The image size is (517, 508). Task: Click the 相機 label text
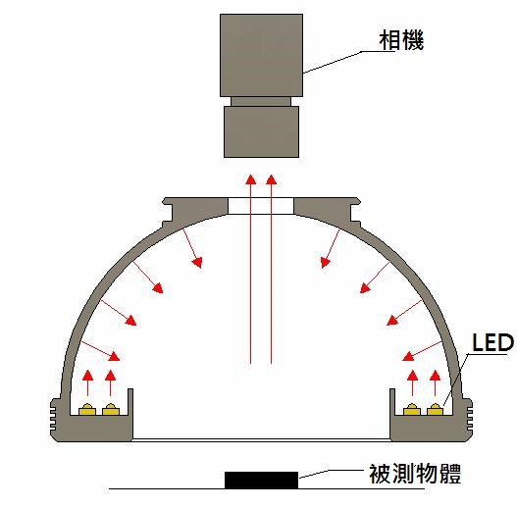pyautogui.click(x=401, y=40)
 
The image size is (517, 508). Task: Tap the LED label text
pyautogui.click(x=492, y=342)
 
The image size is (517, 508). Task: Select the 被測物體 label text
pyautogui.click(x=414, y=474)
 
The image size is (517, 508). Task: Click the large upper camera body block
pyautogui.click(x=262, y=55)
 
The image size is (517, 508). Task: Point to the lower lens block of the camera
pyautogui.click(x=262, y=131)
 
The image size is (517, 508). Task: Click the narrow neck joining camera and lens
pyautogui.click(x=261, y=101)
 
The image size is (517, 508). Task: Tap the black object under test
pyautogui.click(x=262, y=480)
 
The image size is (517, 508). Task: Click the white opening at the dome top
pyautogui.click(x=261, y=206)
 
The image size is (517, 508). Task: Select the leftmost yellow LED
pyautogui.click(x=87, y=409)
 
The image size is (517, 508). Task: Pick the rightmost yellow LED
pyautogui.click(x=436, y=409)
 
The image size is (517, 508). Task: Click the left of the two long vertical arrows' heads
pyautogui.click(x=251, y=179)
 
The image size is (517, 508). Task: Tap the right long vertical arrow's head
pyautogui.click(x=271, y=179)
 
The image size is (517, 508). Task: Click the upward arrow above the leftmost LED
pyautogui.click(x=87, y=382)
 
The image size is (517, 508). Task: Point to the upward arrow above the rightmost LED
pyautogui.click(x=436, y=382)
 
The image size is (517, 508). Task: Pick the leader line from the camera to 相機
pyautogui.click(x=349, y=60)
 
